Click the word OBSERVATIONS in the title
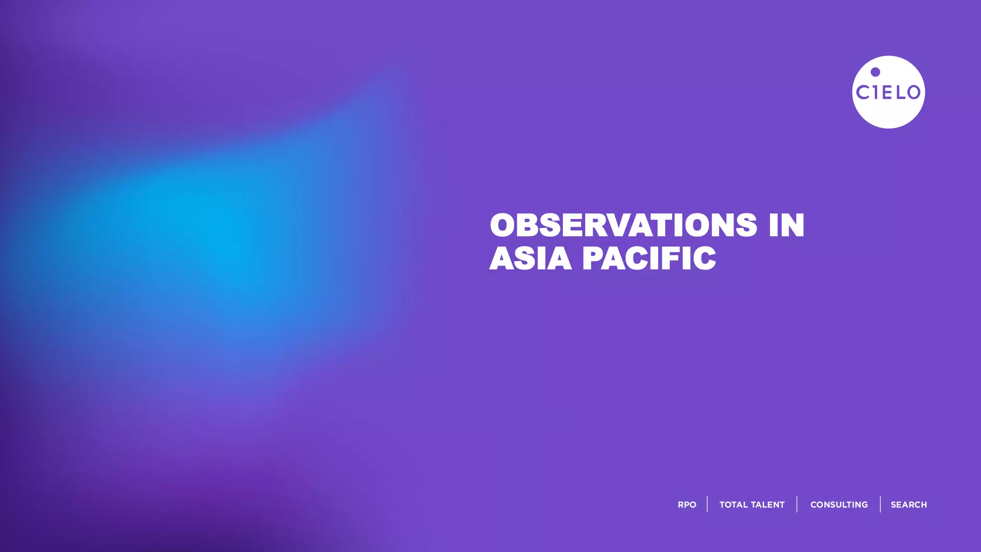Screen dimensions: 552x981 coord(623,225)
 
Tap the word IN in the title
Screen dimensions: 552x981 coord(787,225)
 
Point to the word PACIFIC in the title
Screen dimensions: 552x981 coord(649,259)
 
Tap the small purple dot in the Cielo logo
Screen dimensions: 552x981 coord(875,72)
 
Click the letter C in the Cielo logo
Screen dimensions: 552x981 coord(863,92)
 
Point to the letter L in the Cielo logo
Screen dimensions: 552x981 coord(901,92)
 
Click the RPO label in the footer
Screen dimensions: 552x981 coord(687,505)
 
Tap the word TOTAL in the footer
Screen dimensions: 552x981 coord(734,505)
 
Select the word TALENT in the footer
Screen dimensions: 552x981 coord(768,505)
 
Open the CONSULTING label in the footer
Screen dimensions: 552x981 coord(839,505)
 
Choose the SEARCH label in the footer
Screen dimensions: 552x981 coord(909,505)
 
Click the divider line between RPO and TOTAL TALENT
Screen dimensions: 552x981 coord(707,505)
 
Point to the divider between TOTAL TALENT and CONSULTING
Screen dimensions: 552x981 coord(797,505)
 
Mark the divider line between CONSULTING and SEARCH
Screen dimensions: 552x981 coord(880,505)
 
